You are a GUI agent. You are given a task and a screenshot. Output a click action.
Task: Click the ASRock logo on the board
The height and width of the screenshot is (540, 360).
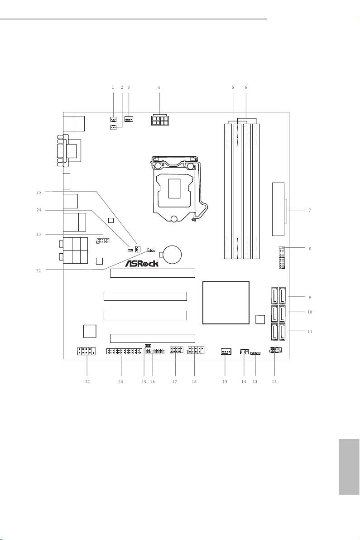click(141, 264)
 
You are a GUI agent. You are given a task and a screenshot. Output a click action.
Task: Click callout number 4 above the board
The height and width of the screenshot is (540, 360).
click(159, 87)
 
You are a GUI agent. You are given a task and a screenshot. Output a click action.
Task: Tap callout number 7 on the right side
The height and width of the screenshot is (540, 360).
click(310, 210)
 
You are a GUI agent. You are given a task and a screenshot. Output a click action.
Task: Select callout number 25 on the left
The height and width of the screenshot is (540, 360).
click(39, 192)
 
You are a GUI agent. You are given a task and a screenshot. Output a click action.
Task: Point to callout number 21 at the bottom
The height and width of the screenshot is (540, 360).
click(87, 381)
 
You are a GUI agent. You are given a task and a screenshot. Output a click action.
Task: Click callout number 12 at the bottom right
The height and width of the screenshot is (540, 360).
click(274, 381)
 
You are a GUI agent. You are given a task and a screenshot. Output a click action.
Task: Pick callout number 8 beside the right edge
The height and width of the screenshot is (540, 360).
click(310, 248)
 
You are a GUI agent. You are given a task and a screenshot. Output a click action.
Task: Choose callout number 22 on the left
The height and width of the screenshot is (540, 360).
click(38, 271)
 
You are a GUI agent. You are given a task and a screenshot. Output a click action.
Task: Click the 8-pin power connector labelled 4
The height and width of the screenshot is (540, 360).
click(159, 121)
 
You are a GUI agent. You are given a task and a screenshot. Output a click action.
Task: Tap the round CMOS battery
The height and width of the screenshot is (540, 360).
click(173, 254)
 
